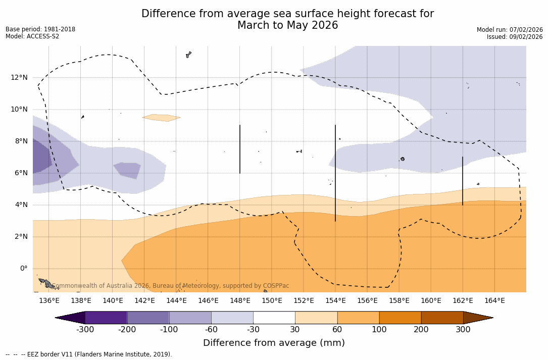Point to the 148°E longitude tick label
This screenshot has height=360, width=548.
[x=240, y=301]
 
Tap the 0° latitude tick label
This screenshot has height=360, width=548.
[x=24, y=269]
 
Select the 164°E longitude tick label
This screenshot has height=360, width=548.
[x=494, y=301]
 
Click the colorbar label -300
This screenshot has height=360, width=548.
[x=85, y=330]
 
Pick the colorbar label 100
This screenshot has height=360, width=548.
[x=379, y=330]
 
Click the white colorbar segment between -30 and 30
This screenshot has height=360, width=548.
[x=274, y=318]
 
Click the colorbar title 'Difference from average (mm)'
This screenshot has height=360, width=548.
[x=274, y=343]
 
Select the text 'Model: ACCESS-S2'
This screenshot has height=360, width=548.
[x=32, y=36]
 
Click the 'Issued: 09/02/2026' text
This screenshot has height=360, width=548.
[x=515, y=37]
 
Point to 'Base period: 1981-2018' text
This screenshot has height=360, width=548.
[x=40, y=29]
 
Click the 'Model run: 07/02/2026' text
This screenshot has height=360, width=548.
[x=510, y=30]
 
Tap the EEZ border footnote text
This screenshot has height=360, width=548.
[x=89, y=354]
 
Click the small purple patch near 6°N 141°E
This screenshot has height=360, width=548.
[x=127, y=170]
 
